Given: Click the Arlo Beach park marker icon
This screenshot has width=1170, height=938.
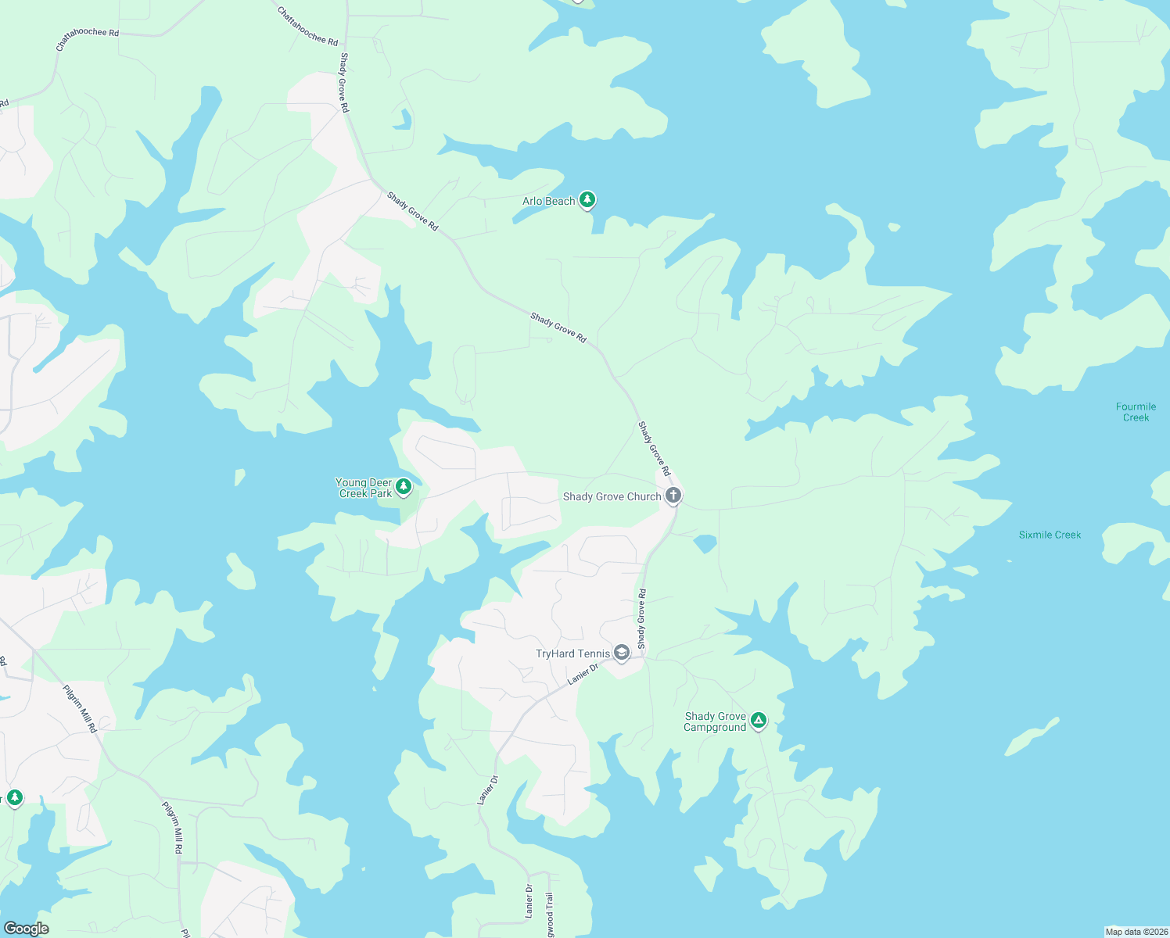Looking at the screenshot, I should click(587, 200).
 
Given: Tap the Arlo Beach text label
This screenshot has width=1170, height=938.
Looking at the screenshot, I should click(548, 202).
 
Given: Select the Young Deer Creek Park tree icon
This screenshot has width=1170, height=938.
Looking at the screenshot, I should click(404, 488).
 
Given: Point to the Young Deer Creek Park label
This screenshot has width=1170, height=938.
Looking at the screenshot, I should click(364, 489).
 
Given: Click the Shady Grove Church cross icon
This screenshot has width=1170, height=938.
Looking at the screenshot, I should click(673, 495).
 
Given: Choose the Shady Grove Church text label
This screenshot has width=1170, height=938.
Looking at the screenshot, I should click(612, 497).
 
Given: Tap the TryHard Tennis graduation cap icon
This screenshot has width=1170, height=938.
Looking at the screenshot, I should click(622, 653).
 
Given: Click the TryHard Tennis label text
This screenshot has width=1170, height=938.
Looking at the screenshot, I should click(572, 654).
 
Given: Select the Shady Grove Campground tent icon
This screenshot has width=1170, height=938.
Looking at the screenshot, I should click(758, 720).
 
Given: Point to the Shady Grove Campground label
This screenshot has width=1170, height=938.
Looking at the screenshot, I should click(715, 722).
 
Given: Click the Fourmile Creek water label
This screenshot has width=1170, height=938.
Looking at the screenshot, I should click(1136, 412).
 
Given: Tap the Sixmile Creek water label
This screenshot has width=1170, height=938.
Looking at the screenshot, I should click(1050, 535).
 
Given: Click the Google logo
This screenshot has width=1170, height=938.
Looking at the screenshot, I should click(26, 929).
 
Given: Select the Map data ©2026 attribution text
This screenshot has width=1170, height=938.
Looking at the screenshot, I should click(1135, 932).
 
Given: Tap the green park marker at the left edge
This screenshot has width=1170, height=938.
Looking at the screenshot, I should click(14, 798).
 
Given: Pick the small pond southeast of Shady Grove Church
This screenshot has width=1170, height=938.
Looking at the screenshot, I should click(705, 542).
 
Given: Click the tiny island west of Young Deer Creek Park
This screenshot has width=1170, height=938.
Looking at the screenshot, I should click(239, 476).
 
